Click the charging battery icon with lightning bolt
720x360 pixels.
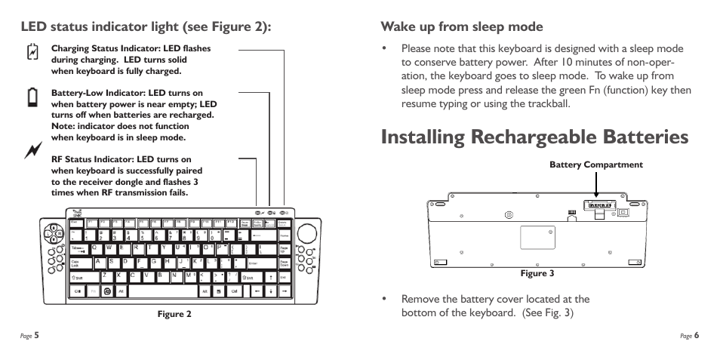pos(32,52)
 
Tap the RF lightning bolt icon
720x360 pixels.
pos(32,151)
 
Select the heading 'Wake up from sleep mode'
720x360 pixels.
pos(461,27)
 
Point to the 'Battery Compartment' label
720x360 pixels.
pos(595,165)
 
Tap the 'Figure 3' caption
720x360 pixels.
pos(537,273)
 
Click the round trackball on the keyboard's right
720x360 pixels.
pos(307,229)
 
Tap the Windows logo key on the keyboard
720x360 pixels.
pos(108,291)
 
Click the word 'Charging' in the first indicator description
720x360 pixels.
pos(70,48)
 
